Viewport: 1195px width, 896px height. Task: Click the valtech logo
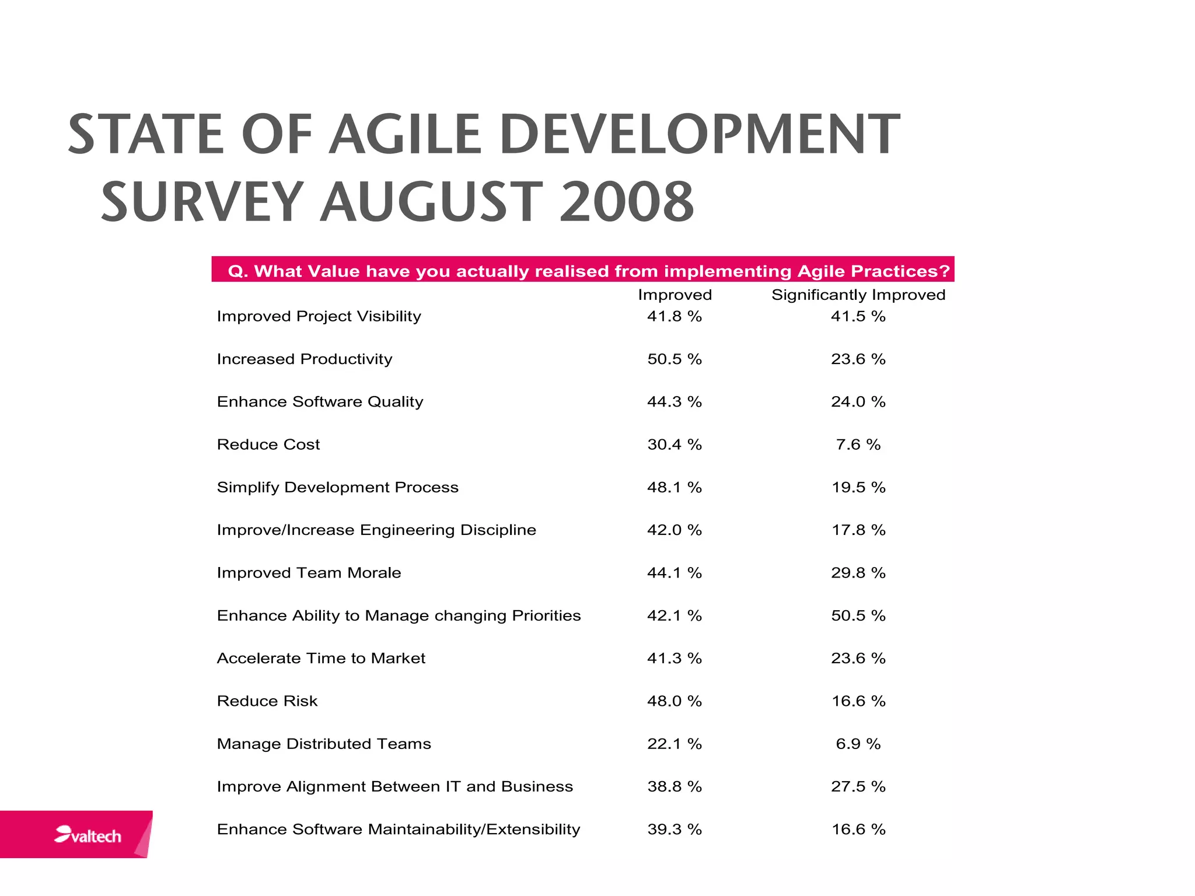88,835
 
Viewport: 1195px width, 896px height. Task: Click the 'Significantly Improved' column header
858,295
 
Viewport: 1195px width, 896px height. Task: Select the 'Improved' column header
675,295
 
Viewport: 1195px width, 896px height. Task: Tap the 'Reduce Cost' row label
268,444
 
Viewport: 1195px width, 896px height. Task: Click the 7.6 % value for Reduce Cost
858,444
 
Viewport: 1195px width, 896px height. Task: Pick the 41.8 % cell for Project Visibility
674,316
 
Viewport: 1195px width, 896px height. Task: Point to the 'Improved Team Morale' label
309,573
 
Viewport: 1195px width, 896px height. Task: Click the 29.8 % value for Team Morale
858,573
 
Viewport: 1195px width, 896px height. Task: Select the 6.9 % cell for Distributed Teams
858,744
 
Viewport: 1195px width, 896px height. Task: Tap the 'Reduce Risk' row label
267,701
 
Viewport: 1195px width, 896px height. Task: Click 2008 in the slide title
627,202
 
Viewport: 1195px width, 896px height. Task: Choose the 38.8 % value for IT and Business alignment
674,786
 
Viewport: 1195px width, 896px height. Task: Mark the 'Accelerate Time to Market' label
321,658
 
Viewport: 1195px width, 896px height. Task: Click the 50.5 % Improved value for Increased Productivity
674,359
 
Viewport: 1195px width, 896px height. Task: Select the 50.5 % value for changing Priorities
858,615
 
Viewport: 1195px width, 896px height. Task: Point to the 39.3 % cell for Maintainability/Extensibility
674,829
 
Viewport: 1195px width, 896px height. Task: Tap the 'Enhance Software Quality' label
320,402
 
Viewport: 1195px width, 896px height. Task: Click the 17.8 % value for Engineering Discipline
858,530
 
